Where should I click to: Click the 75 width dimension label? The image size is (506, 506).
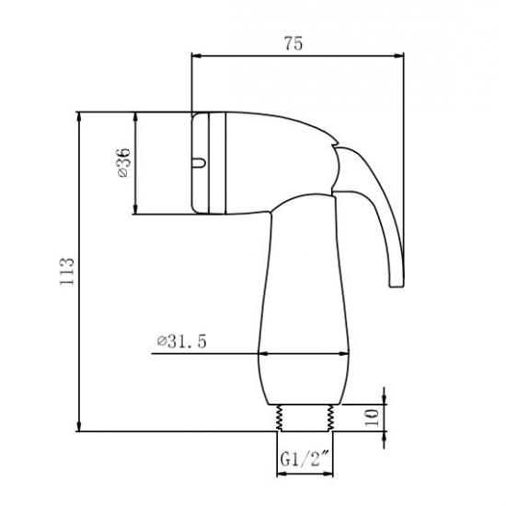[293, 43]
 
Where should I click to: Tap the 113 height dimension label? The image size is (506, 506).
[67, 272]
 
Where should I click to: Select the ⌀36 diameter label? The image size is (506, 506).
[124, 162]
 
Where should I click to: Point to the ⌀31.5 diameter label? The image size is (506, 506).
[181, 341]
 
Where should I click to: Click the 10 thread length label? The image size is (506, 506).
[372, 418]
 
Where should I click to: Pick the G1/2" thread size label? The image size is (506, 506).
[305, 458]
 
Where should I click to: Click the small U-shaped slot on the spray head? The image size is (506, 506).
[199, 162]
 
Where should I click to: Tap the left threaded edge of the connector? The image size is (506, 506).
[279, 418]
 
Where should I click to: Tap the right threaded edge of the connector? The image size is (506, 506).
[330, 418]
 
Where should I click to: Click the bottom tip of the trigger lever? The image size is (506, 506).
[397, 286]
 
